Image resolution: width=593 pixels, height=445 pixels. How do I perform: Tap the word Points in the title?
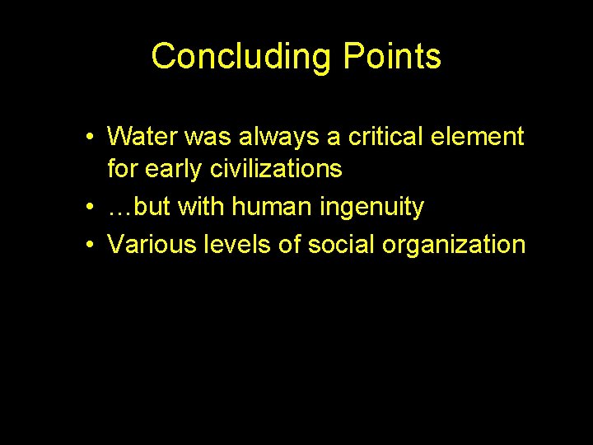point(392,57)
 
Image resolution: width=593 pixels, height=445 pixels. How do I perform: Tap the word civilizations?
point(276,169)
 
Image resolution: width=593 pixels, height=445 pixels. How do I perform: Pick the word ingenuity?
point(370,208)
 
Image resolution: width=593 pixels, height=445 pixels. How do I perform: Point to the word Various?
point(150,245)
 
